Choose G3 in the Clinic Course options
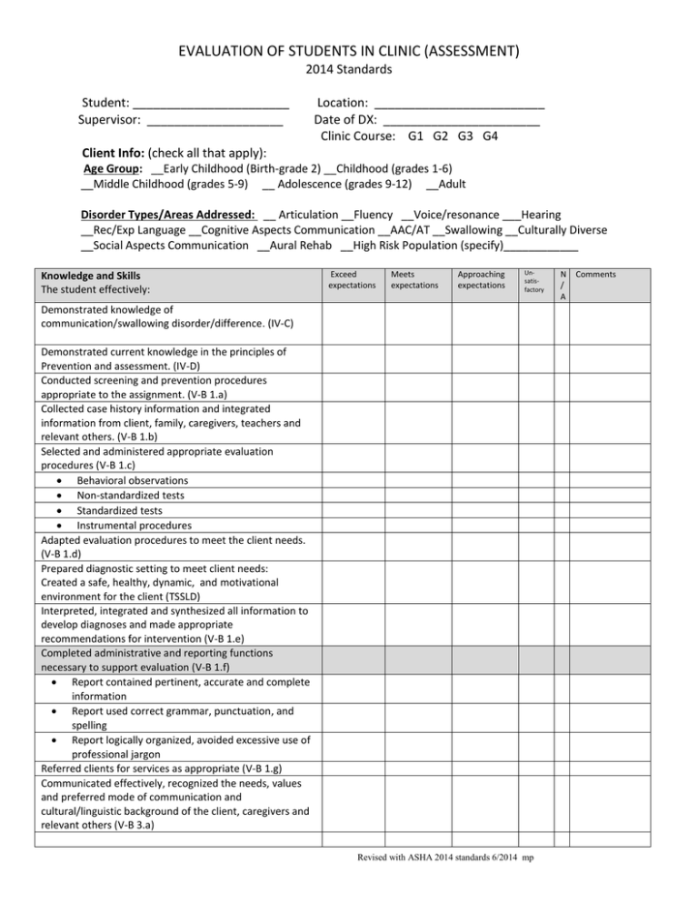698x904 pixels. pyautogui.click(x=465, y=136)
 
